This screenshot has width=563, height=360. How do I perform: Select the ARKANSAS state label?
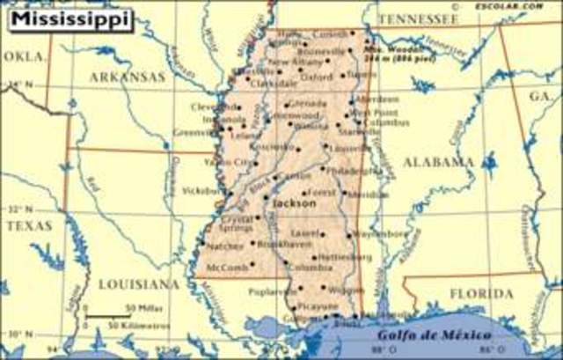point(127,77)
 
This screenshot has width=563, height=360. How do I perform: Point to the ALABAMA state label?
point(437,162)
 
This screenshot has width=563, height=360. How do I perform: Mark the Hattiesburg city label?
point(337,256)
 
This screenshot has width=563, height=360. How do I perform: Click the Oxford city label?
point(317,77)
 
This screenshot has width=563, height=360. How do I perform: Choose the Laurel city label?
point(308,233)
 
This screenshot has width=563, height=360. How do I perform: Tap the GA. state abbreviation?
point(538,96)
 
